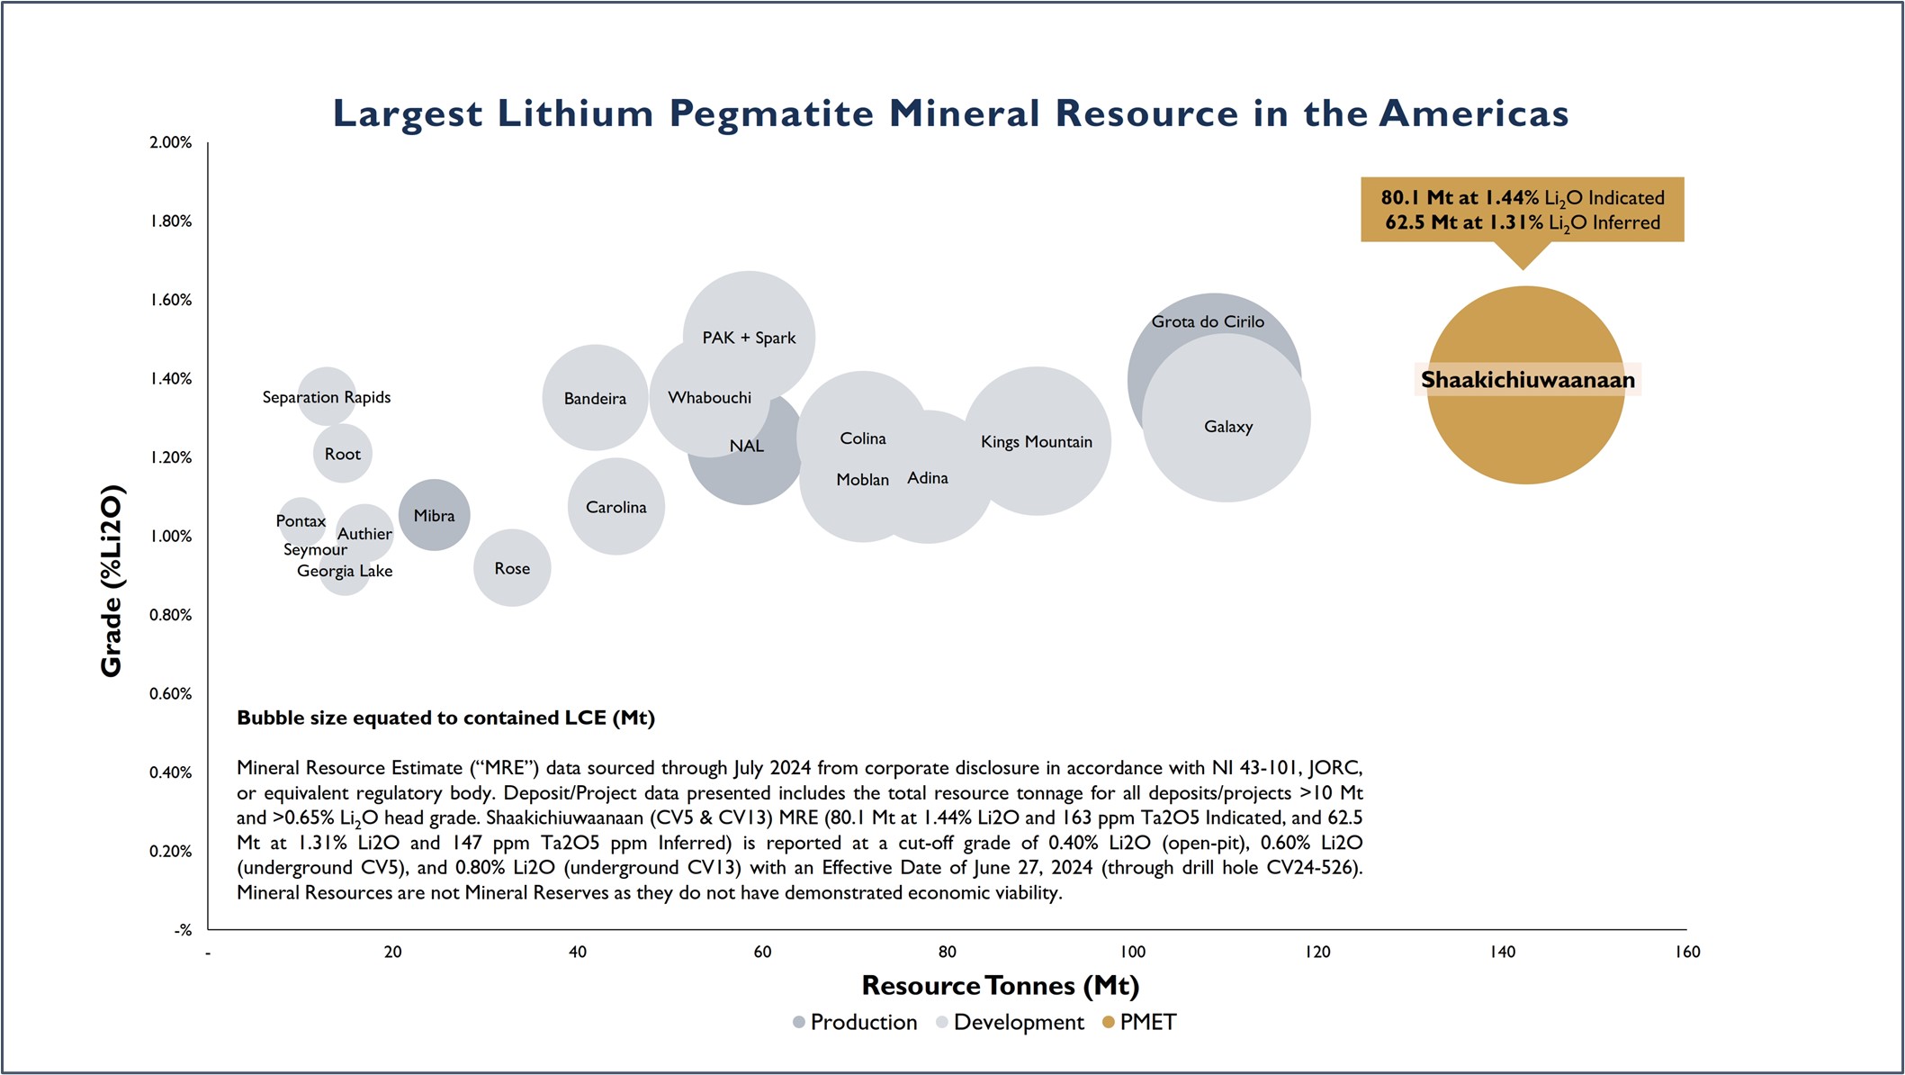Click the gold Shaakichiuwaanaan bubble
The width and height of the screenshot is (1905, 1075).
(1525, 432)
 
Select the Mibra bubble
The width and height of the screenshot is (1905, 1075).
(434, 515)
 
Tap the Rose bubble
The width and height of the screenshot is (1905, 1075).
(512, 568)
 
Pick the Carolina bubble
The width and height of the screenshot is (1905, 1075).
(616, 507)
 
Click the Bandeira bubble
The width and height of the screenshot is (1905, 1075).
(595, 398)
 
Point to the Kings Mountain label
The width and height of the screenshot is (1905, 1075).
(1036, 442)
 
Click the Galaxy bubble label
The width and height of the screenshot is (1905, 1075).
(1228, 427)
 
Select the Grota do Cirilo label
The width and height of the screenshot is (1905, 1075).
(1208, 321)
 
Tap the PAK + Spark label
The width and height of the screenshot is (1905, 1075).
(749, 338)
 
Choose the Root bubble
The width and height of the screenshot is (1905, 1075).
(342, 454)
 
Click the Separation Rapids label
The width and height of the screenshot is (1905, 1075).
(327, 397)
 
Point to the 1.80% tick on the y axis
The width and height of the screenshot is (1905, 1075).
(171, 221)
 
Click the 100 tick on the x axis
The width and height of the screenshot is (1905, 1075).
(1132, 952)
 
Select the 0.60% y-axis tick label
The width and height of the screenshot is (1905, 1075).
(171, 694)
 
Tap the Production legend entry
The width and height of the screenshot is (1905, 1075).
(855, 1022)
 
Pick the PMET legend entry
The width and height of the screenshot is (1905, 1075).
(1139, 1022)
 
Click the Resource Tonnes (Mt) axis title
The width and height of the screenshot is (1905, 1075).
(1000, 986)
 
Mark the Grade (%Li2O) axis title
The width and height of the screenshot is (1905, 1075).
(112, 581)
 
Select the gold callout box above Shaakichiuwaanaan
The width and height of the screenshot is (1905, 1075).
(1522, 210)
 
